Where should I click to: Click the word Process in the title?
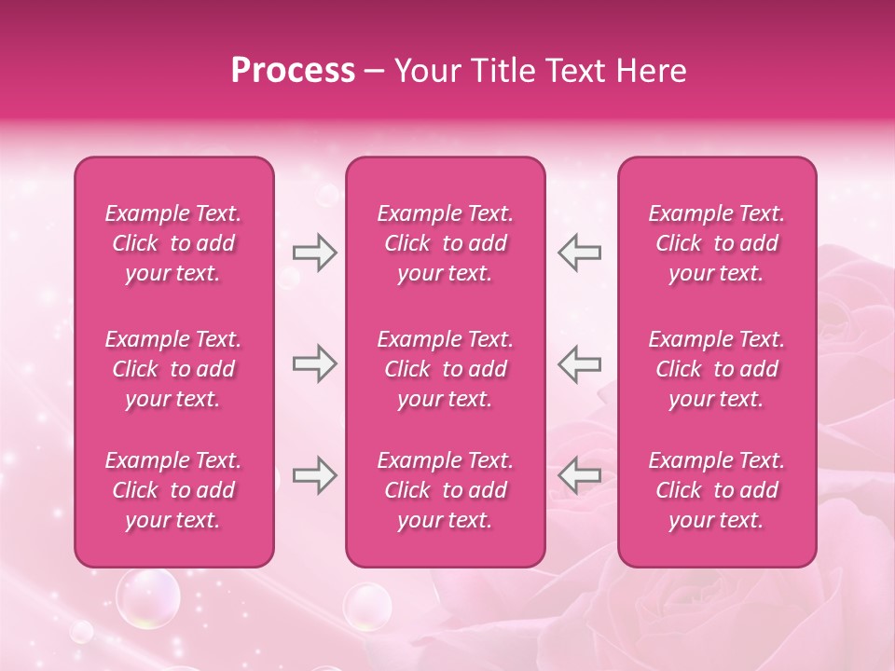(x=293, y=71)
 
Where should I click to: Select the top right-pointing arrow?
(x=314, y=253)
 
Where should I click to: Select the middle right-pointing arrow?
(x=314, y=363)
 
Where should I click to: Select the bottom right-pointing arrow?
(x=314, y=475)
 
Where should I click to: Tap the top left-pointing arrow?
(x=579, y=253)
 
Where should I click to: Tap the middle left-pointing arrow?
(x=579, y=363)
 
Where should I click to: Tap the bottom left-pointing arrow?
(x=579, y=475)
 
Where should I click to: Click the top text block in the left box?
(x=173, y=243)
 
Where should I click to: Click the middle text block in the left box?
(x=173, y=369)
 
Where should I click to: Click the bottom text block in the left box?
(x=173, y=490)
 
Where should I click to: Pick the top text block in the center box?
(x=446, y=243)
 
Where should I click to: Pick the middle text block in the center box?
(x=446, y=369)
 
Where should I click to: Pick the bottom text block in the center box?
(x=446, y=490)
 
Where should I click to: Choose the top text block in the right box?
(x=717, y=243)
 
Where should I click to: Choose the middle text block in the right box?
(x=717, y=369)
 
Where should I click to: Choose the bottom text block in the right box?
(x=717, y=490)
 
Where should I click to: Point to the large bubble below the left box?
(x=147, y=597)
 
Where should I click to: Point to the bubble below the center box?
(x=367, y=607)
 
